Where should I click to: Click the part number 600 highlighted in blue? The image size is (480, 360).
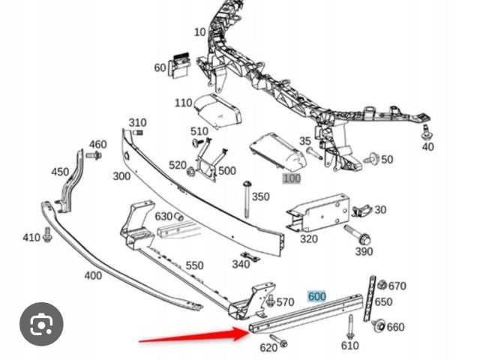point(316,296)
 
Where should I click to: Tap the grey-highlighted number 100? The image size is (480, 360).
point(291,178)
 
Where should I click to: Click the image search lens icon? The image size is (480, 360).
point(42,324)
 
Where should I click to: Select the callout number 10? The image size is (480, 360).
point(199,31)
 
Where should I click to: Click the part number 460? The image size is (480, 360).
point(97,145)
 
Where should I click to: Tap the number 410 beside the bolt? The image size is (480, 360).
point(31,238)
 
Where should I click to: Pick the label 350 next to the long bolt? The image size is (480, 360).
point(260,196)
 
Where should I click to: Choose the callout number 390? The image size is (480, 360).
point(363,251)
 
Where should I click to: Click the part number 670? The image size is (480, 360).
point(397,286)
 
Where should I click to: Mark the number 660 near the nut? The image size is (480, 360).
point(395,327)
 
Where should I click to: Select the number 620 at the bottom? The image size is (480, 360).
point(268,347)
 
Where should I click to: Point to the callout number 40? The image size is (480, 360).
point(427,147)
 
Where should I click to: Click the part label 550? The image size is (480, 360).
point(194,265)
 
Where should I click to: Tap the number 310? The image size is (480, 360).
point(137,123)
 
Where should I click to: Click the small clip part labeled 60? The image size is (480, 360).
point(179,65)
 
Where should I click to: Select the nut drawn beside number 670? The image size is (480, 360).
point(381,285)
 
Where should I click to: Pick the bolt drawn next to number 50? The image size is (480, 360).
point(371,159)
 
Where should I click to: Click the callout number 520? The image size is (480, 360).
point(177,166)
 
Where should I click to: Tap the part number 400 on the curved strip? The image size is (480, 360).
point(92,275)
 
